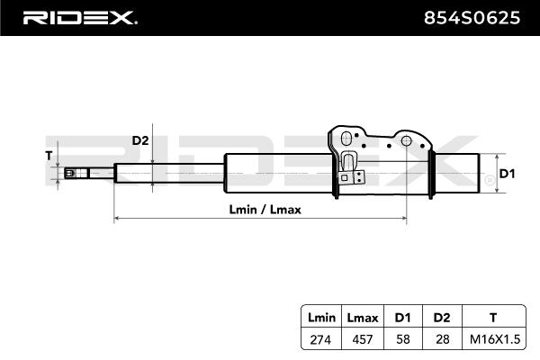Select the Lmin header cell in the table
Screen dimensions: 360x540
pos(321,317)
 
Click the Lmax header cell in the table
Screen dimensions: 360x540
pos(362,317)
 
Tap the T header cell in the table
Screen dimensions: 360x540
pos(491,317)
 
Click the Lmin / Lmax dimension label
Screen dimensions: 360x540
pos(265,209)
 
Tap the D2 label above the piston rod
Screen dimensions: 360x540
pos(140,140)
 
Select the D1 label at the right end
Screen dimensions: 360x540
pos(507,173)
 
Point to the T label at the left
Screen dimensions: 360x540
pos(49,155)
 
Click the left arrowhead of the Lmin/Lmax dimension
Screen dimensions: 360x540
pos(116,219)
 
